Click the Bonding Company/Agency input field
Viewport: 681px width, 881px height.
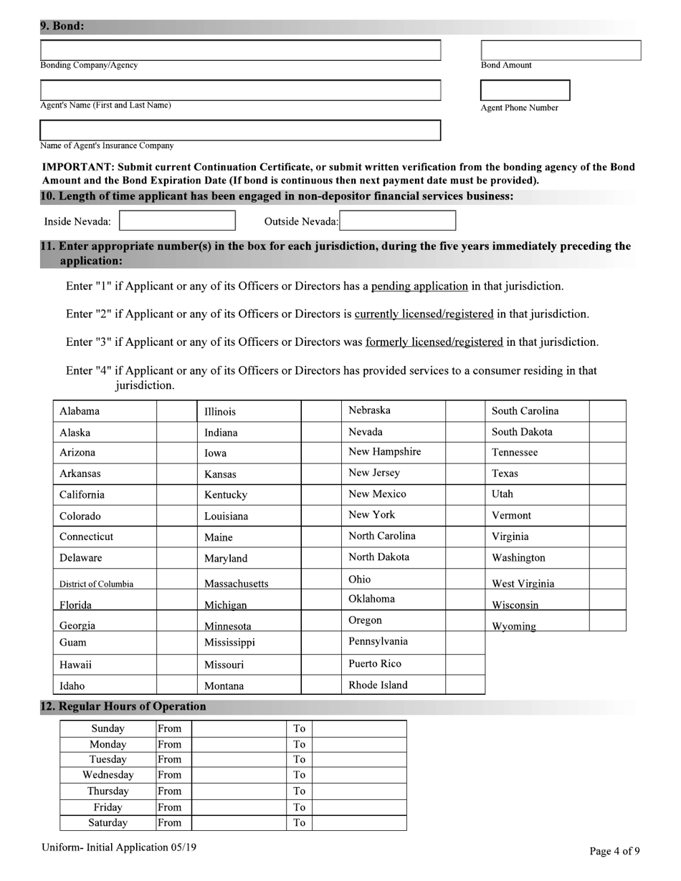pyautogui.click(x=240, y=50)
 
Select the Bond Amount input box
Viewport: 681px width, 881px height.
pyautogui.click(x=561, y=50)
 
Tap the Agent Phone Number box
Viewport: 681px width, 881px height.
pyautogui.click(x=525, y=90)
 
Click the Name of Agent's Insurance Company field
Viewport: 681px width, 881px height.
pyautogui.click(x=240, y=130)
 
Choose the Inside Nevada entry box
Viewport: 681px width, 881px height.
pyautogui.click(x=177, y=221)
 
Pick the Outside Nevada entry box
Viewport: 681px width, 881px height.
pyautogui.click(x=398, y=221)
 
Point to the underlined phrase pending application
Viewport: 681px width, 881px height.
pyautogui.click(x=419, y=286)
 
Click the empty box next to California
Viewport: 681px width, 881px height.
pyautogui.click(x=176, y=495)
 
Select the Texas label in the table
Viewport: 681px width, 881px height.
pyautogui.click(x=505, y=473)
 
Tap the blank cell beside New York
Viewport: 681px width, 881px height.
pyautogui.click(x=465, y=515)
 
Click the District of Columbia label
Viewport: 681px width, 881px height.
pyautogui.click(x=96, y=584)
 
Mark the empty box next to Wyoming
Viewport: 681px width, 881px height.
pyautogui.click(x=607, y=621)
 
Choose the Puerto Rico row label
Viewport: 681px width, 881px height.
pyautogui.click(x=375, y=664)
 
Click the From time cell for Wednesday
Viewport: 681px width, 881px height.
pyautogui.click(x=238, y=775)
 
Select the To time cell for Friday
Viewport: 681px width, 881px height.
pyautogui.click(x=359, y=807)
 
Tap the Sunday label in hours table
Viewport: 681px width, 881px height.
pyautogui.click(x=108, y=728)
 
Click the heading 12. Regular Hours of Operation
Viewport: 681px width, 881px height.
pyautogui.click(x=123, y=706)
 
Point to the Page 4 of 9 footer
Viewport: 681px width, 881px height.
pyautogui.click(x=614, y=851)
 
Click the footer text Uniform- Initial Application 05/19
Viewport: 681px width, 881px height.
pyautogui.click(x=119, y=847)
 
